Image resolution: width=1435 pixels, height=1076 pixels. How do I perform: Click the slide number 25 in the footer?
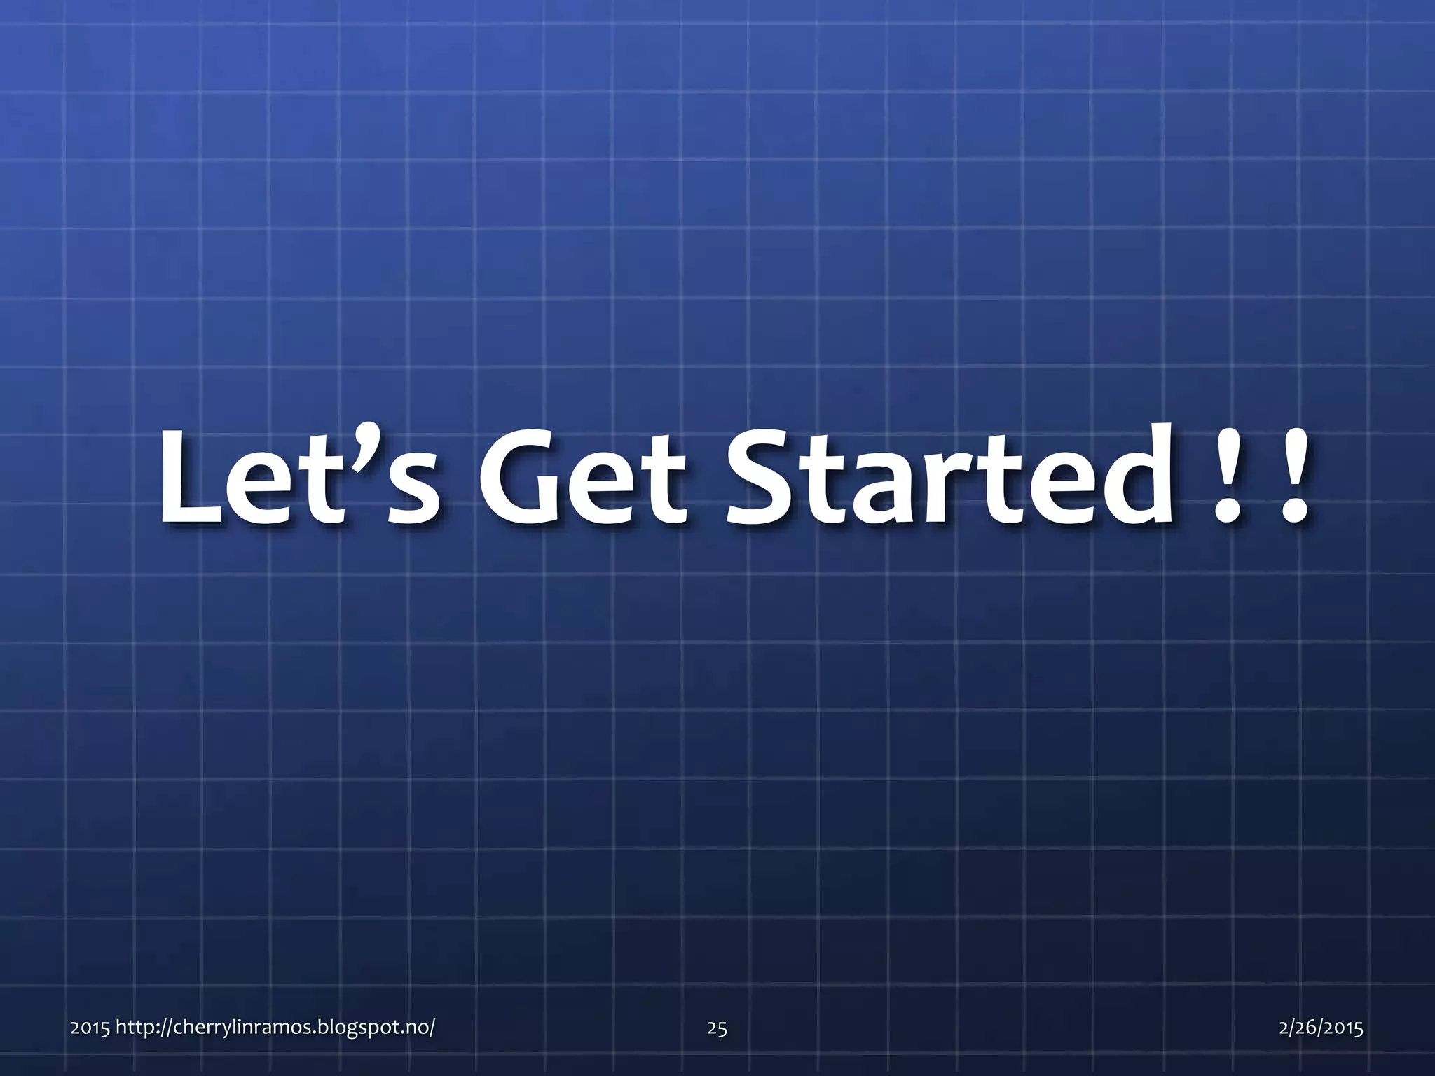[x=717, y=1028]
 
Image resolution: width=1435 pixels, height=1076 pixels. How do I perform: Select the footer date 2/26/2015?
[x=1321, y=1028]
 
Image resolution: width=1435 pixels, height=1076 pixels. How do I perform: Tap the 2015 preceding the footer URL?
[x=90, y=1028]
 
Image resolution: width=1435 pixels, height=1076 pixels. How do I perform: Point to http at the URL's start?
[x=134, y=1028]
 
